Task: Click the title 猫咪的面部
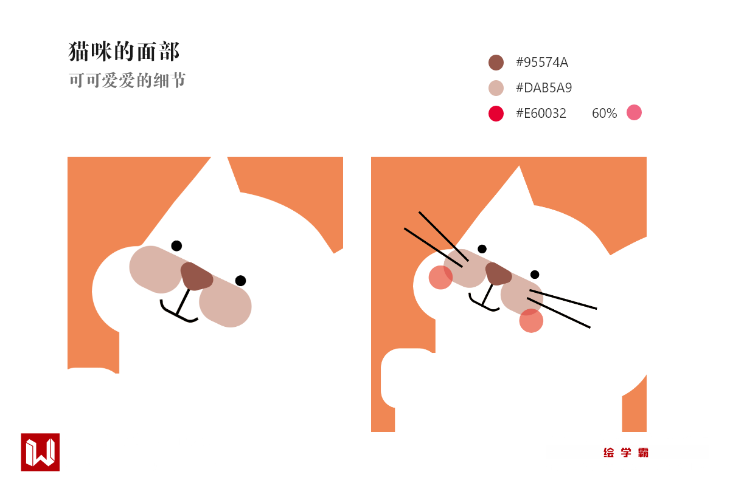124,52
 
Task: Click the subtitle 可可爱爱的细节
127,80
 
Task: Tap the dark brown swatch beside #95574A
496,63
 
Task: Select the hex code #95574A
541,63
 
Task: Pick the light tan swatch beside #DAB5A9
496,88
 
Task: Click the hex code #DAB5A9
544,88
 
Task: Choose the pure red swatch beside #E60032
496,113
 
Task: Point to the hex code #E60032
541,113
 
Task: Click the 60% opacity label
604,113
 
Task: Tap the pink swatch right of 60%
634,112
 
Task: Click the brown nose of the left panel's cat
196,276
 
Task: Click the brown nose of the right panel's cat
498,274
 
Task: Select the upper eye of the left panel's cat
176,246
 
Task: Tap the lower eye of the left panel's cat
240,280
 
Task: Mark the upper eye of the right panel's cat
482,249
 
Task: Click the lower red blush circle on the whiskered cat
531,321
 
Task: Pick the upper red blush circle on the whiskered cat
440,278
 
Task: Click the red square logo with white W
40,452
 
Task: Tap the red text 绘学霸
626,453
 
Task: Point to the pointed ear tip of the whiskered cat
519,166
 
